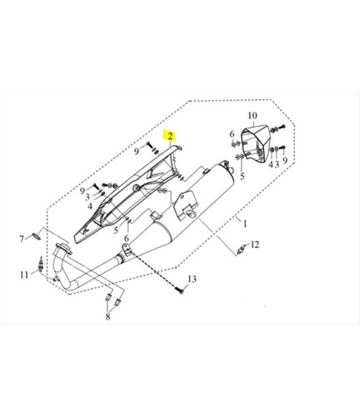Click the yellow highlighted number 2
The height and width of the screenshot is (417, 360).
(x=170, y=136)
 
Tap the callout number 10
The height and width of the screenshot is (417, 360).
(x=253, y=116)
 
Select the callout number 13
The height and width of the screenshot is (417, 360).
(x=192, y=279)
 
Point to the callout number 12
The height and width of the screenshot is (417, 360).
(x=255, y=245)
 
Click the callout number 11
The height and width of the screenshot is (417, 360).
(x=24, y=274)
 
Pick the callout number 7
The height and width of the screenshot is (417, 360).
(x=22, y=239)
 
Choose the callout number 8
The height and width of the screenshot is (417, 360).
(x=107, y=317)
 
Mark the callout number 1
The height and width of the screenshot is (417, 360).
(x=245, y=224)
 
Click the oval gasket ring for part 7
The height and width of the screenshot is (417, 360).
(x=37, y=236)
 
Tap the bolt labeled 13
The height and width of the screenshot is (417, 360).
(x=180, y=290)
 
